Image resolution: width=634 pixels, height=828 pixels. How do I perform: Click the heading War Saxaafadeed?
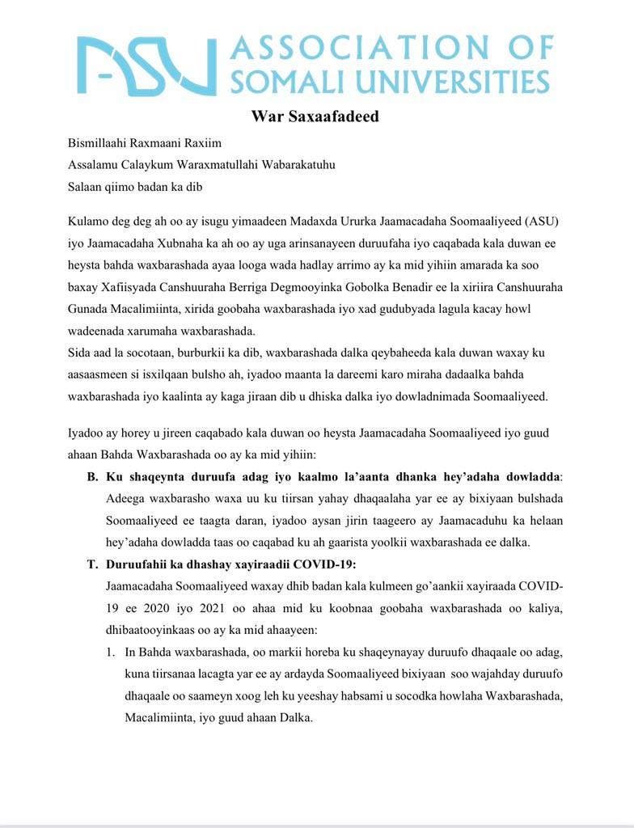coord(315,116)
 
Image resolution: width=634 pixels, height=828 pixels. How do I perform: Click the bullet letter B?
coord(92,476)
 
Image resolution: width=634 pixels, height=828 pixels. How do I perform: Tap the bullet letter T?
coord(92,564)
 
